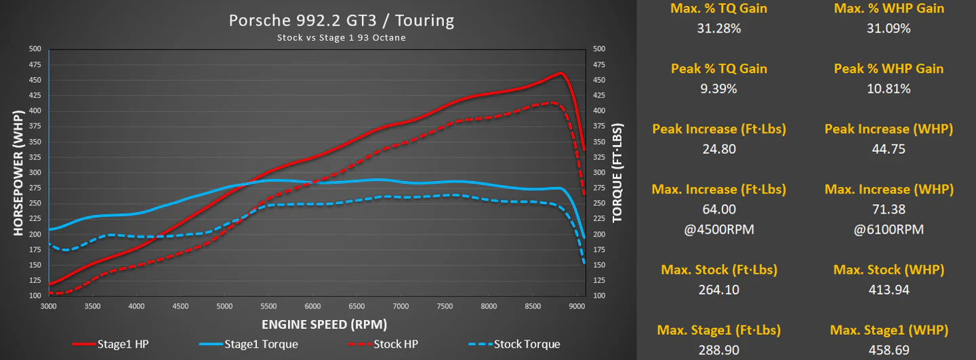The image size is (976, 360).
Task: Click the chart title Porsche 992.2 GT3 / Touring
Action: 341,20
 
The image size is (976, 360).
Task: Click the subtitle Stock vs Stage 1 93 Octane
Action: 341,38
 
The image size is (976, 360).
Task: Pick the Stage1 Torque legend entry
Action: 260,344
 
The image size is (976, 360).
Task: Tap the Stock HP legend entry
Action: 395,344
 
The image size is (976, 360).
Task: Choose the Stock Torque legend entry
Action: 527,344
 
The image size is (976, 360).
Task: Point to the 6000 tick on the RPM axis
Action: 312,306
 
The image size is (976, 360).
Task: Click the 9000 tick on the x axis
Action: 577,306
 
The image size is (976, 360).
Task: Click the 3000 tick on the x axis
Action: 49,306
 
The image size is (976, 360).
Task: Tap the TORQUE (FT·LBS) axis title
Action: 617,172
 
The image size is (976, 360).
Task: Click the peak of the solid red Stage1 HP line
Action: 561,73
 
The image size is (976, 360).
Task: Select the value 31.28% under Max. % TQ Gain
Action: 719,28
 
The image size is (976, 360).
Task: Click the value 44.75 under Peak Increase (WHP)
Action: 889,149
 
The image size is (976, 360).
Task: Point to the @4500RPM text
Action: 719,229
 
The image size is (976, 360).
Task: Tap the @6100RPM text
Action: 889,229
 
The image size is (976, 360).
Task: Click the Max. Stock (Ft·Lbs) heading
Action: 719,270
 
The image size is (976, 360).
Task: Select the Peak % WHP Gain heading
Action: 889,68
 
